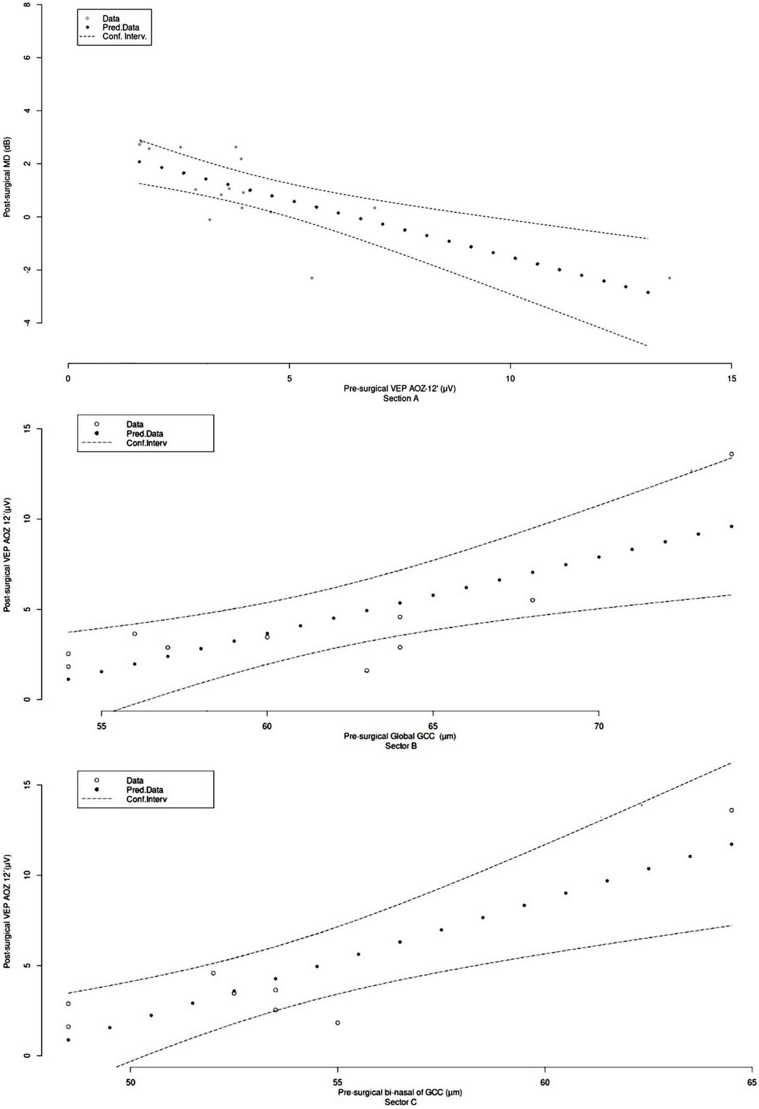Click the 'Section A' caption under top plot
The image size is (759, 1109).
coord(401,398)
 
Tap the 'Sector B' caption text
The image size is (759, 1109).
coord(401,746)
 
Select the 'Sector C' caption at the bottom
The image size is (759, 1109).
coord(401,1103)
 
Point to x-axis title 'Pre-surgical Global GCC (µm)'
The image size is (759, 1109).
coord(400,736)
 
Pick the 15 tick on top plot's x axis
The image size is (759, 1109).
coord(732,378)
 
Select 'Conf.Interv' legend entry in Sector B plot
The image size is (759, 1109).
coord(146,443)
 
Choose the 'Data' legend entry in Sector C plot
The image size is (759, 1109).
coord(135,781)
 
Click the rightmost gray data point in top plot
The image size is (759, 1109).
coord(669,278)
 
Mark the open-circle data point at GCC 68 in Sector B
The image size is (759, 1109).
coord(532,600)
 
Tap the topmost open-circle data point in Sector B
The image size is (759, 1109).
coord(731,454)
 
